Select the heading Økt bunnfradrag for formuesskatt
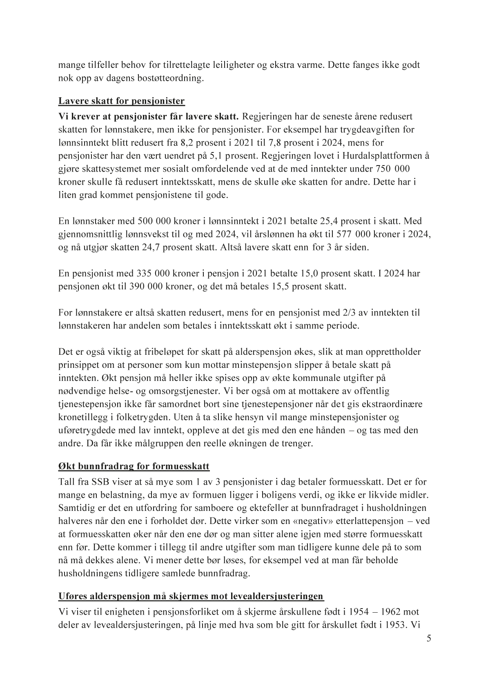tap(134, 466)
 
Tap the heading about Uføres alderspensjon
tap(191, 596)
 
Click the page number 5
tap(428, 639)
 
